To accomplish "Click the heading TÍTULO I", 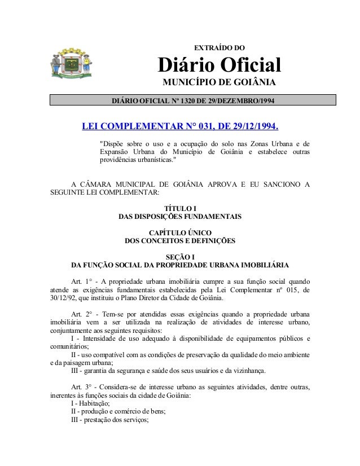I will pyautogui.click(x=179, y=208).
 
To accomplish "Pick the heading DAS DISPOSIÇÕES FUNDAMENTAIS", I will pyautogui.click(x=179, y=217).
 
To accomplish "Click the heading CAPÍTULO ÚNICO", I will pyautogui.click(x=179, y=232).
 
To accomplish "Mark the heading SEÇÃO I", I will pyautogui.click(x=179, y=257).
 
